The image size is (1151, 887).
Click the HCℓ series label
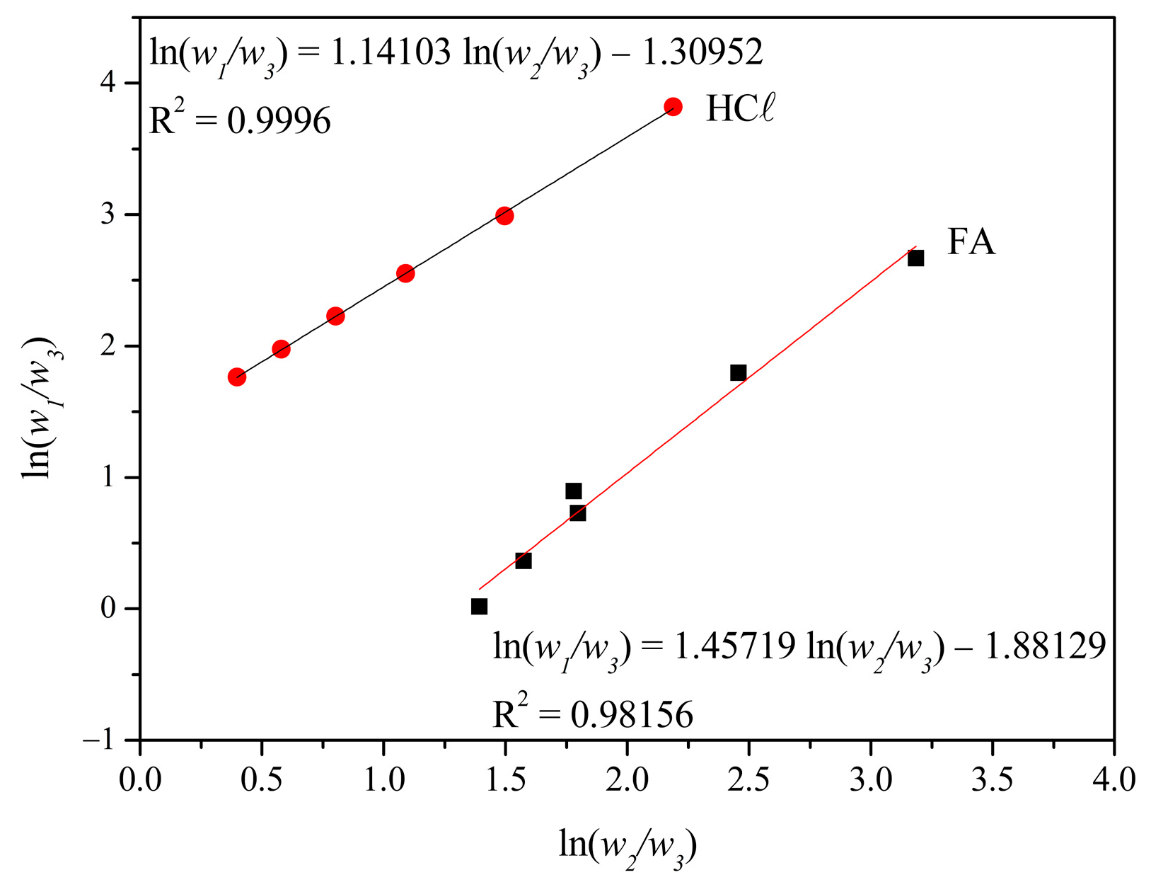coord(740,109)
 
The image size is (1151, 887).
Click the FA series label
coord(971,243)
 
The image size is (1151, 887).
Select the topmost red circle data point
coord(673,107)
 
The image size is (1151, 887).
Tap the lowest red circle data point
coord(237,377)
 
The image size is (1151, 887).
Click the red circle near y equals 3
coord(504,216)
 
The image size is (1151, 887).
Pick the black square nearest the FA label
coord(915,258)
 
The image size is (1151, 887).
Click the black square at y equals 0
coord(479,607)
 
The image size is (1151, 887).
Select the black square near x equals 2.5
coord(738,372)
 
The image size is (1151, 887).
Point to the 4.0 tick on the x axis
coord(1114,779)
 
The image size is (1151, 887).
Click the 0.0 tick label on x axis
coord(140,779)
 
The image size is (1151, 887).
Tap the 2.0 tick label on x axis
coord(627,779)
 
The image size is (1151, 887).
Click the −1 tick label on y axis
coord(98,740)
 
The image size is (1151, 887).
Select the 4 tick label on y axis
coord(108,84)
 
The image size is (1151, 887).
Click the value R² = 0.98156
coord(593,714)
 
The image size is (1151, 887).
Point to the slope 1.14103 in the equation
coord(391,52)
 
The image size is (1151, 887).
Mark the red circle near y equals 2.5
coord(405,273)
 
